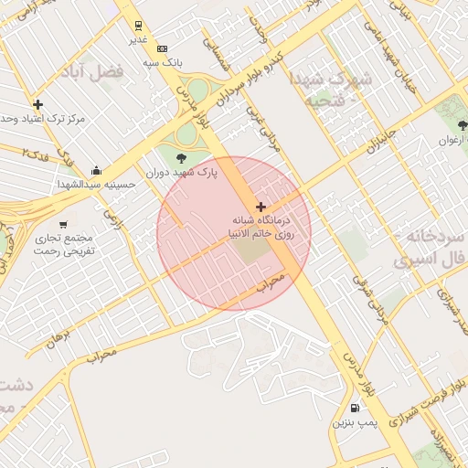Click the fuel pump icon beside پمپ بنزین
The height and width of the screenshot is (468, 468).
point(355,408)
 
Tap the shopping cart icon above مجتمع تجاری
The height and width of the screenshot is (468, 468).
point(63,224)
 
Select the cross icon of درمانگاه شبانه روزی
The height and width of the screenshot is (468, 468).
point(262,207)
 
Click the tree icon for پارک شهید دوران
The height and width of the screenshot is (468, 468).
point(179,158)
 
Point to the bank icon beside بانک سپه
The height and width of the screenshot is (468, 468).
point(163,48)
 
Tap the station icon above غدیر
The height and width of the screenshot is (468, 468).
point(138,26)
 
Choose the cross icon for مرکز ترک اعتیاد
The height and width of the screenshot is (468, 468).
point(37,104)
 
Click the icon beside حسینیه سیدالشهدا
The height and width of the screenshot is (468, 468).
point(97,170)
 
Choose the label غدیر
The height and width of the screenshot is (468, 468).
point(138,39)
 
